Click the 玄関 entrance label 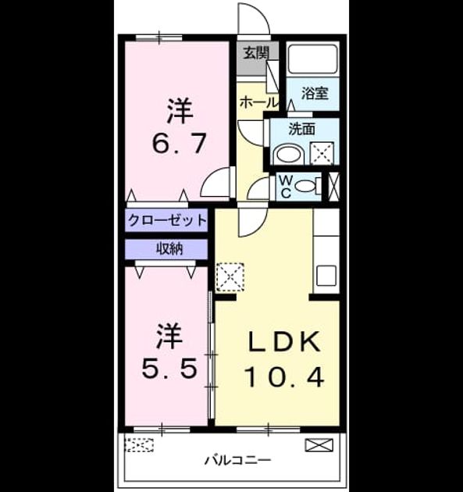(x=257, y=53)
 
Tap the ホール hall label (x=258, y=102)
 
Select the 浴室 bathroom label (x=315, y=93)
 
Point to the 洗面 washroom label (x=301, y=129)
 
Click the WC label (x=286, y=187)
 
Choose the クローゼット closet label (x=167, y=220)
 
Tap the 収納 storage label (x=169, y=249)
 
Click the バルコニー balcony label (x=237, y=460)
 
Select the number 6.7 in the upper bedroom (x=180, y=144)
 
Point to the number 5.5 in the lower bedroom (x=169, y=368)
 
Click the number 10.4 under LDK (x=284, y=377)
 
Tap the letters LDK (x=284, y=342)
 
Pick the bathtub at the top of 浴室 (x=313, y=59)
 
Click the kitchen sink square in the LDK (x=326, y=276)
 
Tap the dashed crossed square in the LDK (x=230, y=276)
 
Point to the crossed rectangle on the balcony (x=319, y=445)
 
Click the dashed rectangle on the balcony (x=139, y=444)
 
